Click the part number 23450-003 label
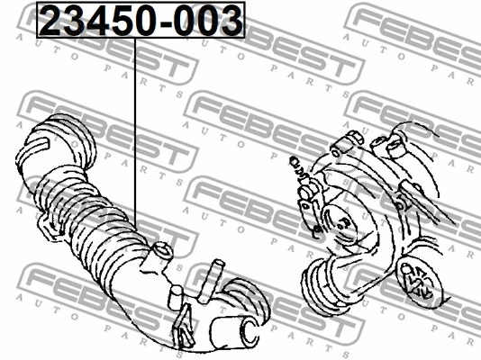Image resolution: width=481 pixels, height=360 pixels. (141, 20)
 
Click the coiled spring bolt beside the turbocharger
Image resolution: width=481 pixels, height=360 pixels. (299, 167)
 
